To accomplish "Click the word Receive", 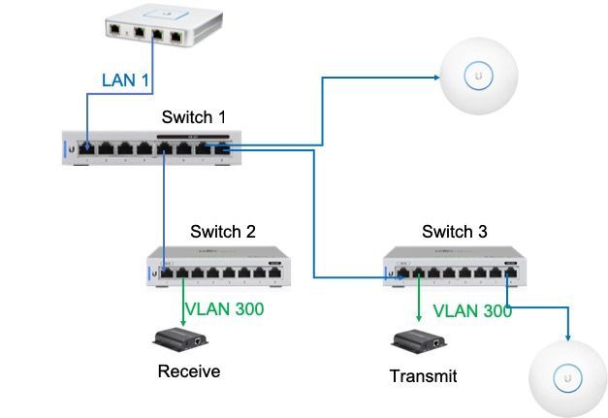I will pos(189,371).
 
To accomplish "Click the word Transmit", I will pos(422,375).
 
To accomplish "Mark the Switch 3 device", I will pos(450,266).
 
